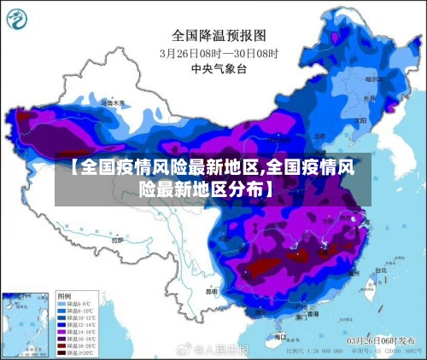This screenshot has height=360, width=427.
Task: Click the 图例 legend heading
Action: [65, 295]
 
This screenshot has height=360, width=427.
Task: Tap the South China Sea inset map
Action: [26, 324]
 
